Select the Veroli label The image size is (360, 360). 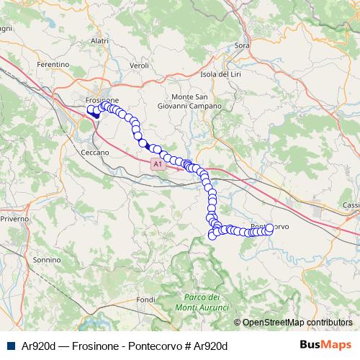point(139,65)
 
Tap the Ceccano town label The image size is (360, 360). point(95,153)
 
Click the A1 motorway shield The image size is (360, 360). point(157,165)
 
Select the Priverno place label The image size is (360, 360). point(14,217)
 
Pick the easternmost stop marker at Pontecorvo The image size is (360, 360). point(270,228)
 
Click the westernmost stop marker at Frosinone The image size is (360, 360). point(91,110)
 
